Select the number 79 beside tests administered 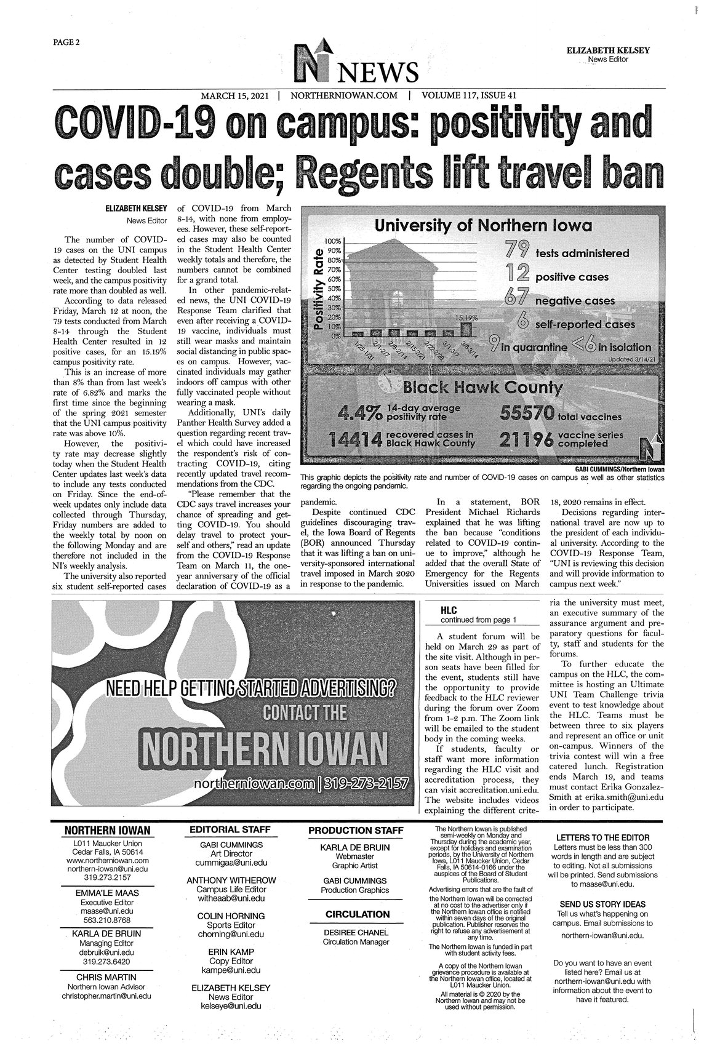click(x=516, y=250)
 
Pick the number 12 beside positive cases click(x=516, y=275)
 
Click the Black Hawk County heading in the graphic click(x=482, y=388)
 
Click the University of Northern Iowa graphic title click(x=484, y=226)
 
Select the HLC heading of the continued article click(x=449, y=610)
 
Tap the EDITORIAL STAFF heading click(x=229, y=829)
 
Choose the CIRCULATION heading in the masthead click(x=358, y=914)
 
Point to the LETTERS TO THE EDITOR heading click(x=602, y=838)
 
